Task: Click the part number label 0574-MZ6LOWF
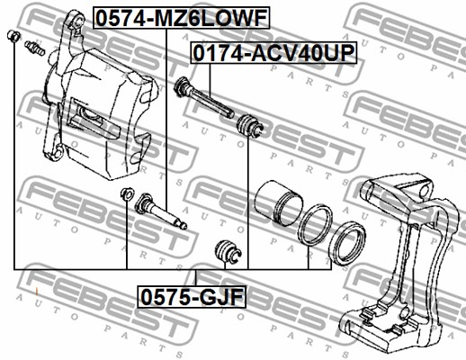(x=182, y=18)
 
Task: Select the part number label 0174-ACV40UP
(x=273, y=53)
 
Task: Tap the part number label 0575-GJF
(x=192, y=297)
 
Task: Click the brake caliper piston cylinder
(x=279, y=202)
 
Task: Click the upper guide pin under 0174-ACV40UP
(x=203, y=97)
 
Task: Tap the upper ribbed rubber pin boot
(x=250, y=125)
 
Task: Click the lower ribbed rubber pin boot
(x=228, y=251)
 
